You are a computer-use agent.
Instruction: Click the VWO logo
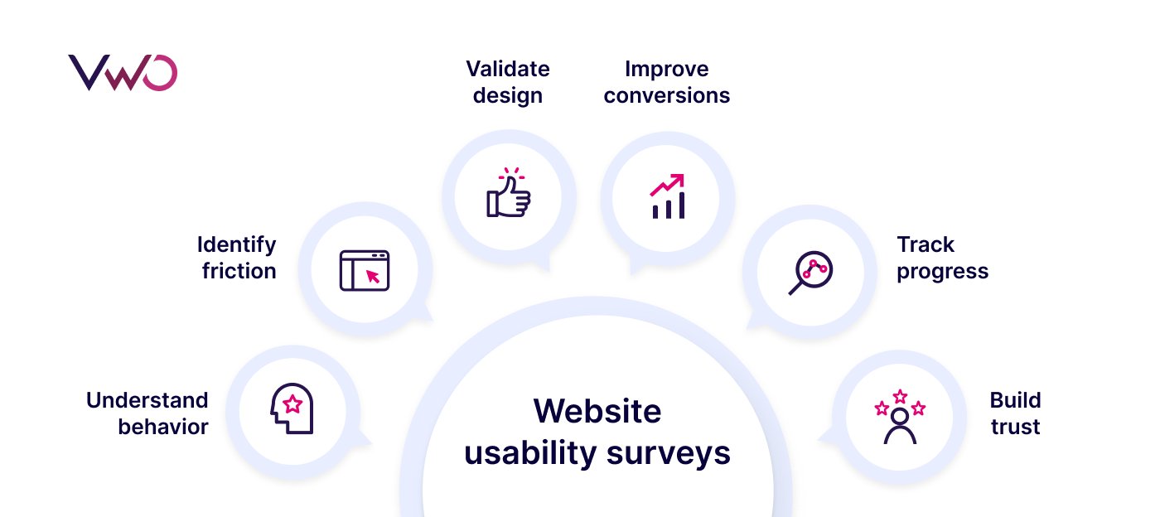[123, 73]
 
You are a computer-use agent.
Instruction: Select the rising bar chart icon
[668, 196]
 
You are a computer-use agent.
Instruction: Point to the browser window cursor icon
[365, 270]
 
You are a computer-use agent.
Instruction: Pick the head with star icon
[292, 408]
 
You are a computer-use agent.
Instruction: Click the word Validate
[508, 68]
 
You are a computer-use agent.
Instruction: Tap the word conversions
[667, 95]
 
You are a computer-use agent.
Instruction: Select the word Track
[926, 244]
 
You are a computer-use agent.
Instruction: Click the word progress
[943, 271]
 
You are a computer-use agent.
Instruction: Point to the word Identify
[237, 244]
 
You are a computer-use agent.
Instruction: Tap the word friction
[239, 271]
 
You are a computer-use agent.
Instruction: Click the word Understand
[147, 400]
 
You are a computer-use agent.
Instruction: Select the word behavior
[163, 427]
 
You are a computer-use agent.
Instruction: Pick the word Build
[1015, 400]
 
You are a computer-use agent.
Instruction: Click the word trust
[1015, 427]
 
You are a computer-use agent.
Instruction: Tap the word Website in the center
[597, 411]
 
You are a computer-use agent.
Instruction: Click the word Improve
[667, 68]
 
